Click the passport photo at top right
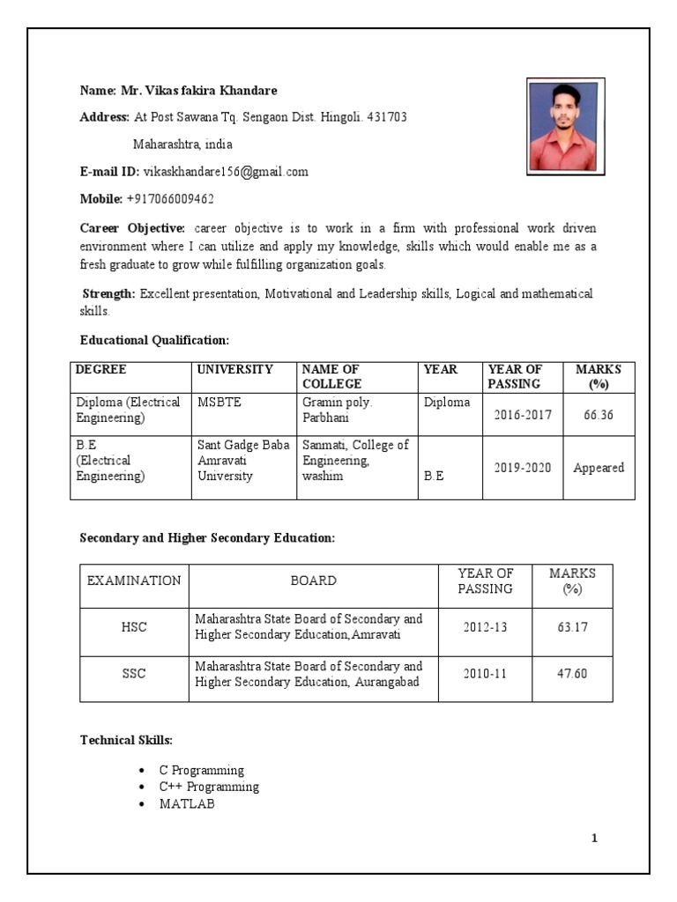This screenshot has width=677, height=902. click(x=565, y=127)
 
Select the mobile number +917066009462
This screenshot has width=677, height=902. click(x=170, y=199)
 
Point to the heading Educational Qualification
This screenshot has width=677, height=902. click(x=154, y=340)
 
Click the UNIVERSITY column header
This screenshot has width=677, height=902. click(x=234, y=370)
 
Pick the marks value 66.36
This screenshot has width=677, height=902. click(x=598, y=414)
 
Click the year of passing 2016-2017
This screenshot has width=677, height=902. click(x=522, y=414)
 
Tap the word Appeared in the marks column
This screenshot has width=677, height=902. click(x=599, y=468)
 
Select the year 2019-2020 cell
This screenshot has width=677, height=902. click(x=522, y=468)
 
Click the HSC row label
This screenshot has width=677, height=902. click(x=134, y=627)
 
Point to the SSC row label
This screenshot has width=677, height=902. click(x=134, y=674)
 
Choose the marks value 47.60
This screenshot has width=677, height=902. click(x=572, y=674)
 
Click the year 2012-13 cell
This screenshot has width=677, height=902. click(x=485, y=627)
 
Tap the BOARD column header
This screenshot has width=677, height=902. click(x=313, y=580)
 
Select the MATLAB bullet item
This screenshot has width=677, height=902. click(x=186, y=804)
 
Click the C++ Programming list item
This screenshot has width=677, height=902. click(x=209, y=787)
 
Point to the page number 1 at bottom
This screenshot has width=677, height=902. click(x=594, y=838)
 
